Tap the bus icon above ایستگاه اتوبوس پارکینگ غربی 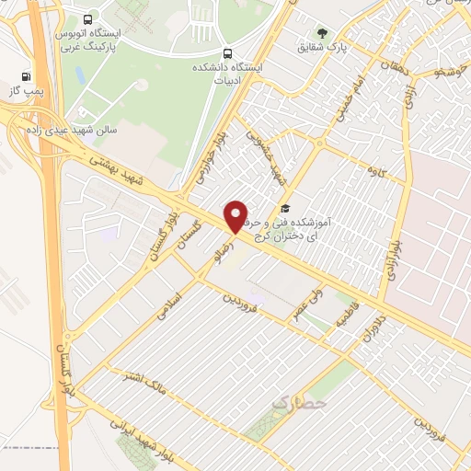(x=87, y=19)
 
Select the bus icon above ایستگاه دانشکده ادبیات (x=227, y=52)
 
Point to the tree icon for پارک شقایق (x=322, y=33)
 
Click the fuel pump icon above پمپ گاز (x=24, y=77)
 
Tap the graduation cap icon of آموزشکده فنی (x=286, y=209)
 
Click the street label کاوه (x=375, y=171)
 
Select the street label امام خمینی (x=343, y=96)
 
